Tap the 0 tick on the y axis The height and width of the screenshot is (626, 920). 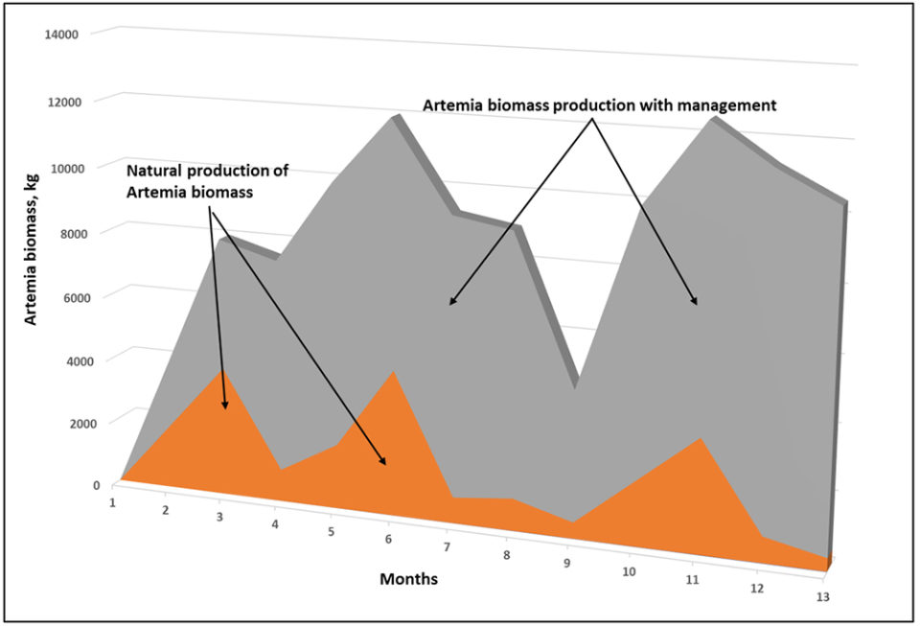pyautogui.click(x=95, y=485)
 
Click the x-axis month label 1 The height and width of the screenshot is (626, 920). pyautogui.click(x=113, y=501)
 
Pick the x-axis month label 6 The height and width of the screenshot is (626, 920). pyautogui.click(x=388, y=541)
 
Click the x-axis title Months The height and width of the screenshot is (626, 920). pyautogui.click(x=410, y=579)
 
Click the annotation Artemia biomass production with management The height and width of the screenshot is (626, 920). pyautogui.click(x=599, y=105)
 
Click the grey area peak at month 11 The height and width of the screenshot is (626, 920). pyautogui.click(x=710, y=119)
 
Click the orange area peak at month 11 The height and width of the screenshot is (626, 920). pyautogui.click(x=701, y=439)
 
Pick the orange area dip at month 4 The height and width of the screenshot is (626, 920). pyautogui.click(x=279, y=469)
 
